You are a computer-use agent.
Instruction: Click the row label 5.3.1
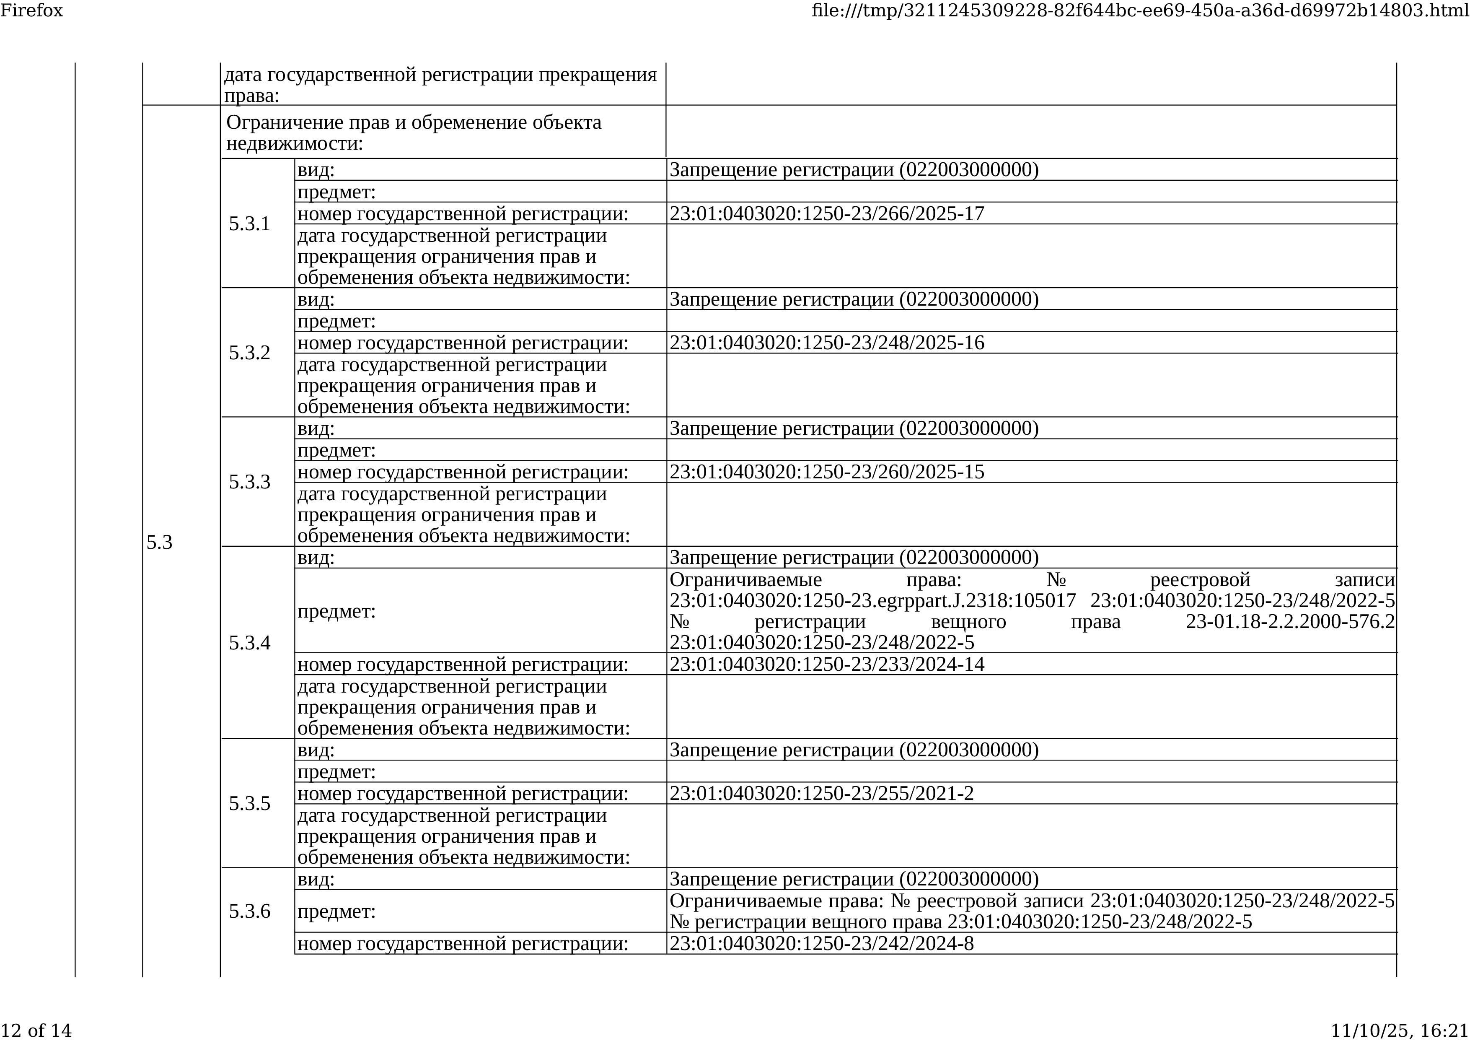pyautogui.click(x=249, y=224)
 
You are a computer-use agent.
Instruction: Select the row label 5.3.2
pyautogui.click(x=249, y=353)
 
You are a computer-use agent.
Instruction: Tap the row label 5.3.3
pyautogui.click(x=249, y=482)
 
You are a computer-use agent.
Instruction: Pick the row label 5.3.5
pyautogui.click(x=249, y=803)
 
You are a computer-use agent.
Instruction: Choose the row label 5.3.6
pyautogui.click(x=249, y=911)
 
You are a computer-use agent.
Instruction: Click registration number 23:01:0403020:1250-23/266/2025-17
pyautogui.click(x=826, y=213)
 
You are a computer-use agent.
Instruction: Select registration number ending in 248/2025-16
pyautogui.click(x=826, y=343)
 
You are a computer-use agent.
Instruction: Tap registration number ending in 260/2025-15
pyautogui.click(x=826, y=472)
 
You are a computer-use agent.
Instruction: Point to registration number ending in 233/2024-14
pyautogui.click(x=826, y=664)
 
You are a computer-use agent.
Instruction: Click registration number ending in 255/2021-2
pyautogui.click(x=821, y=794)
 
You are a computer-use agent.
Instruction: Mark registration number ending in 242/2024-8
pyautogui.click(x=821, y=944)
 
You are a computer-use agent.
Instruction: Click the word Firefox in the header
pyautogui.click(x=31, y=10)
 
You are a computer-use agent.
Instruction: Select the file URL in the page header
pyautogui.click(x=1140, y=10)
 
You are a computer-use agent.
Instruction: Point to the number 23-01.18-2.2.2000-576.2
pyautogui.click(x=1289, y=622)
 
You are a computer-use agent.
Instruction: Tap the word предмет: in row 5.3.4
pyautogui.click(x=336, y=612)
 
